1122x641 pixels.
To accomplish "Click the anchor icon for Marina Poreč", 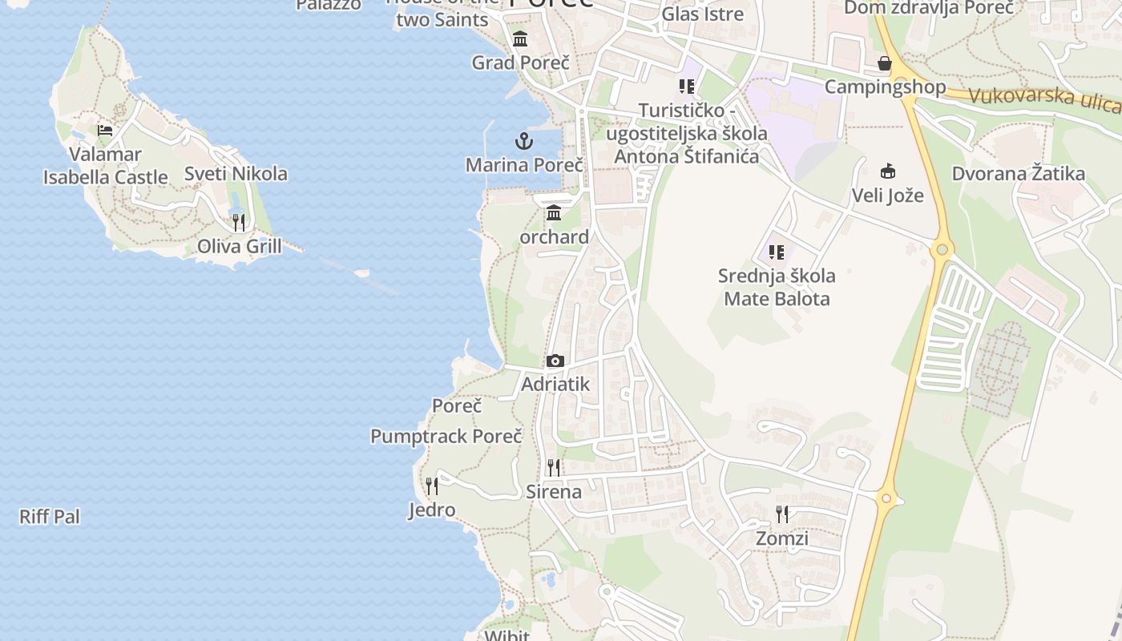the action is coord(523,142).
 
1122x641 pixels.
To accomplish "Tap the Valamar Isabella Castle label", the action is coord(106,166).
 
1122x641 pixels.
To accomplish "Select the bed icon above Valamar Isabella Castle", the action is coord(105,130).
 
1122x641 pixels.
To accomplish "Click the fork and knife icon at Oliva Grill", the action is coord(239,222).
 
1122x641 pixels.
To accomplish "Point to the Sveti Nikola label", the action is coord(236,174).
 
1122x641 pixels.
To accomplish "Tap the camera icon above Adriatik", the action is coord(555,361).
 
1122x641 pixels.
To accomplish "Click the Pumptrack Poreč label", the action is coord(446,437).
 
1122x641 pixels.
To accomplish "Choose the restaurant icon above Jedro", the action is coord(432,486).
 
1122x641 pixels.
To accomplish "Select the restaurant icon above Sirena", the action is coord(554,467).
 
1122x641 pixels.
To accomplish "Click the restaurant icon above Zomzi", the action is coord(782,514).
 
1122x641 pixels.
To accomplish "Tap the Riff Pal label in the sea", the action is coord(50,517).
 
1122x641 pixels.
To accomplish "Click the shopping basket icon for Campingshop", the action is coord(885,63).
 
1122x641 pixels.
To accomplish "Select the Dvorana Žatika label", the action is coord(1018,174).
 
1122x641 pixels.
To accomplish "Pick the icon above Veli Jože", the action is coord(887,171).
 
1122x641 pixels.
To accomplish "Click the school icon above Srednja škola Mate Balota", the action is coord(776,252).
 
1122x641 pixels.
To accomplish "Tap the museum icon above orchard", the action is coord(554,213).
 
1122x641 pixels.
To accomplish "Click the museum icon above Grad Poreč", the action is coord(520,38).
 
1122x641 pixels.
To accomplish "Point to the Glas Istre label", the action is coord(702,14).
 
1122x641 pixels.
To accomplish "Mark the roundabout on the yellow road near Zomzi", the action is coord(886,498).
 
